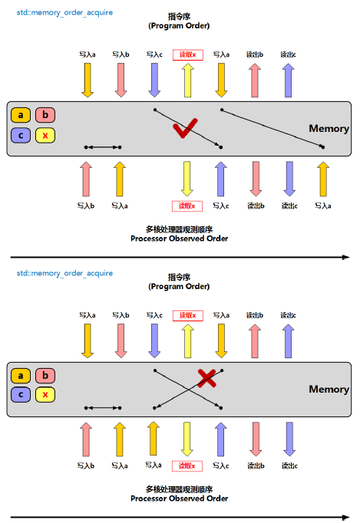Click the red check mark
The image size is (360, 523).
pos(187,128)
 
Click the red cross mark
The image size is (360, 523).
pos(206,377)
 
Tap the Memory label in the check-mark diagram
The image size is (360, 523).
pos(329,129)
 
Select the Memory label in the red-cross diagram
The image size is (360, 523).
pos(329,389)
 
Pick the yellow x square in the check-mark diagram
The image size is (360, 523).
pos(46,136)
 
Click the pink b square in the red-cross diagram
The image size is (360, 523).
pos(46,375)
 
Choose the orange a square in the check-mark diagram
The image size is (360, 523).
pos(21,116)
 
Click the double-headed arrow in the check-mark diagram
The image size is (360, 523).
pos(103,146)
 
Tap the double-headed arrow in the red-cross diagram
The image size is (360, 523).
pos(103,407)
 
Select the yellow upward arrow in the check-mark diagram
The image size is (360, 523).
pos(187,81)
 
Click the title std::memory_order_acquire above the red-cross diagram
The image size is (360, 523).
pos(65,273)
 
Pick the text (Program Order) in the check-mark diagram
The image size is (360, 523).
pos(179,25)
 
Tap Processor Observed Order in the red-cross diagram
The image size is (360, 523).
pos(179,499)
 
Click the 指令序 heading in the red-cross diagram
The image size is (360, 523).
pos(179,277)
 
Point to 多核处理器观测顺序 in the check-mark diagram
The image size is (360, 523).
pos(179,229)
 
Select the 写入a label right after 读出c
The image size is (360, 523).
pos(322,206)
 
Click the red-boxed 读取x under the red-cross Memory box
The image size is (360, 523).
pos(187,466)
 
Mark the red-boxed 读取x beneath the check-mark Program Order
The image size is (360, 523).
pos(187,54)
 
